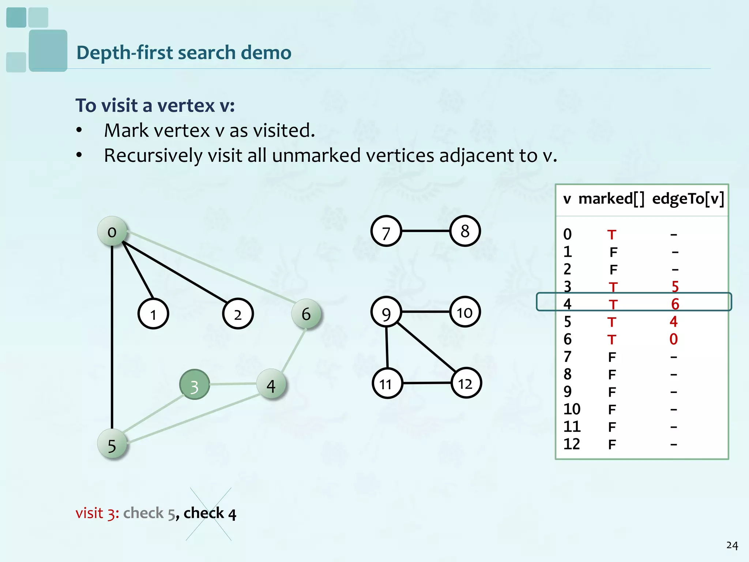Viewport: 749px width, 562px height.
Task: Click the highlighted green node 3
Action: [195, 385]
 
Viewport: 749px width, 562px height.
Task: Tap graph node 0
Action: [112, 231]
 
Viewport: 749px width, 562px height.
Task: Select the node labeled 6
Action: [306, 314]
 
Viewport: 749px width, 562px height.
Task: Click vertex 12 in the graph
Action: [466, 383]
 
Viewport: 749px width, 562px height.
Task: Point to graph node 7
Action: [386, 231]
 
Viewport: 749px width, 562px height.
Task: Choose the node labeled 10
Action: [465, 312]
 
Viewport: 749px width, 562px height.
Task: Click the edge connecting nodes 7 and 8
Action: [426, 231]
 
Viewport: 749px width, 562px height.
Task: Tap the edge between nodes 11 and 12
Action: [426, 383]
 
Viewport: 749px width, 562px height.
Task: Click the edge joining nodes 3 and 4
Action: [233, 384]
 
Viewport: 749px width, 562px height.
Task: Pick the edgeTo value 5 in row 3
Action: [675, 287]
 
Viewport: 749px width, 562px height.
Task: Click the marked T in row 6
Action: [612, 340]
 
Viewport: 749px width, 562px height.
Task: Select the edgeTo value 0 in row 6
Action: [674, 340]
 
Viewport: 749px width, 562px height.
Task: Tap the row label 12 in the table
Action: [572, 444]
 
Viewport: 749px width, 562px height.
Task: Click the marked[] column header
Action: [611, 199]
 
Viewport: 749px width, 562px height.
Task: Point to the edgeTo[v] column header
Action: [688, 199]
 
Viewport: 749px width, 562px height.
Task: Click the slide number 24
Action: [732, 546]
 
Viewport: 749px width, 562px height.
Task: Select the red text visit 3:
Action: [97, 513]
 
